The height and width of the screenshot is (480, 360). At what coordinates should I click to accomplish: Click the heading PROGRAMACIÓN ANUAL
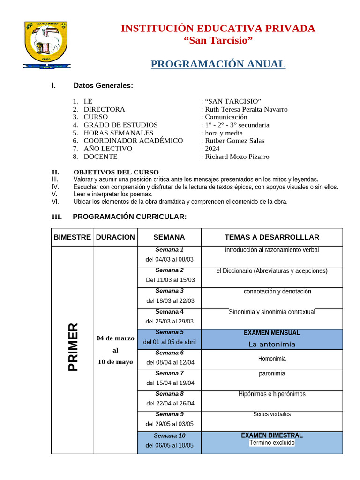218,64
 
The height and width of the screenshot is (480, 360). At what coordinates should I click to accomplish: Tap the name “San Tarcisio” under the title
218,41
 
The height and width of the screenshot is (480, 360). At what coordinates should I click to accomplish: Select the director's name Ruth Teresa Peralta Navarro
246,109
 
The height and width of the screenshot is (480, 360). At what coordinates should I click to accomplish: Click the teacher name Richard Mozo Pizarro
237,157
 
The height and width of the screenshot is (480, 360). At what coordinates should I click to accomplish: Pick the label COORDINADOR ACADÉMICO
133,141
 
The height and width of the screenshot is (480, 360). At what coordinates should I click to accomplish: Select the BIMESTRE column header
72,237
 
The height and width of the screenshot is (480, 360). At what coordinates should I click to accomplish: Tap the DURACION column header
115,237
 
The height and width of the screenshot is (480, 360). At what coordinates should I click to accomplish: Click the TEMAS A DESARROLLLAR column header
272,237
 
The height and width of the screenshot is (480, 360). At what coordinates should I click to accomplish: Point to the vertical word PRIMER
73,347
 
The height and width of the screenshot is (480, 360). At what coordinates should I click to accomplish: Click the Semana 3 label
169,291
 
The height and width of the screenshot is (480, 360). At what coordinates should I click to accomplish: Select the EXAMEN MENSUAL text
272,333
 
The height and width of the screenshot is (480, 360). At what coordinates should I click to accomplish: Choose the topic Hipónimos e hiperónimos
272,394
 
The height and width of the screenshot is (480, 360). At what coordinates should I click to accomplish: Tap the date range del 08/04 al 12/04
170,362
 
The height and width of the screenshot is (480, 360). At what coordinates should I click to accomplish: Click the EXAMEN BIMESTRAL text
272,435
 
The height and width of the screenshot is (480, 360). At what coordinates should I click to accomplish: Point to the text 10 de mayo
115,362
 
